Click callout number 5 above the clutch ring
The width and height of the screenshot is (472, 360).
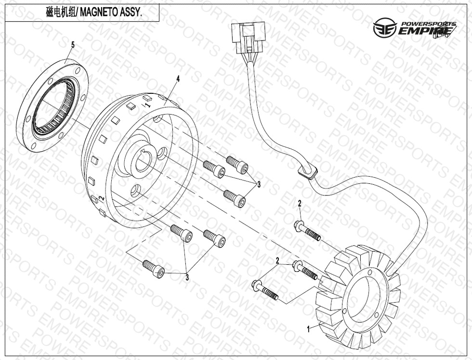tap(73, 45)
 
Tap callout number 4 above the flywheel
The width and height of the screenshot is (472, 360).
tap(178, 78)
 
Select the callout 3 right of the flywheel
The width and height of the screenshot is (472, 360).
tap(259, 184)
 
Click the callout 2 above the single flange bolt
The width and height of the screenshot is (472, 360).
tap(299, 204)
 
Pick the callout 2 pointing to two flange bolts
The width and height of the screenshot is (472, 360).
tap(277, 260)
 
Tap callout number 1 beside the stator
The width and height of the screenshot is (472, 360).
tap(308, 330)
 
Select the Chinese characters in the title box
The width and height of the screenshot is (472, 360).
tap(59, 13)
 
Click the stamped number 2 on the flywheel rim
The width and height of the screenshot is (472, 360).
tap(102, 198)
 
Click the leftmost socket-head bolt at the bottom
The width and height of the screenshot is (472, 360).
tap(154, 268)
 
